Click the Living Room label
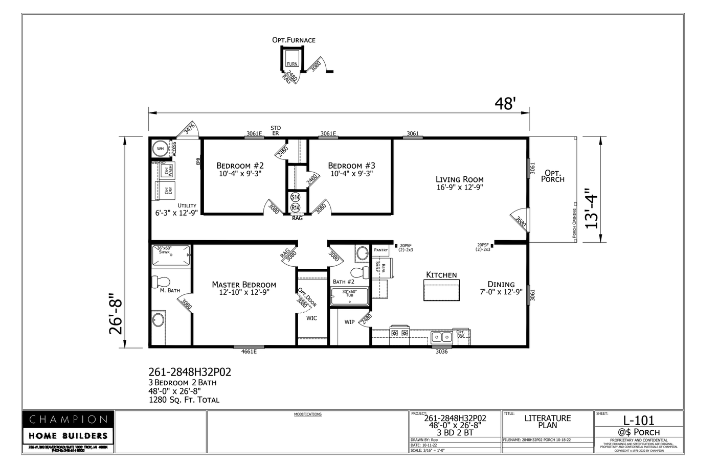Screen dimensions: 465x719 tap(459, 179)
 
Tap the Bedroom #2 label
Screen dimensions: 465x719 tap(240, 166)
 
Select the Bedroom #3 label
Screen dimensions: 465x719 tap(351, 166)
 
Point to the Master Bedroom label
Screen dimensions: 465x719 tap(244, 285)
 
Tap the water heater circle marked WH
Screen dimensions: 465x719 tap(161, 149)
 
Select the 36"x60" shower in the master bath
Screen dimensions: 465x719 tap(171, 254)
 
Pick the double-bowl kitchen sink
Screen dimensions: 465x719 tap(441, 336)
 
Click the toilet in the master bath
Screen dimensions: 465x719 tap(163, 281)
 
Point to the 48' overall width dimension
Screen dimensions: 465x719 tap(504, 104)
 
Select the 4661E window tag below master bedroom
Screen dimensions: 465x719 tap(249, 352)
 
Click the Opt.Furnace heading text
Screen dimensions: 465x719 tap(294, 40)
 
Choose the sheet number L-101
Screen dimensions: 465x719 tap(639, 420)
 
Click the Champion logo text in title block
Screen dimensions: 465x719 tap(68, 420)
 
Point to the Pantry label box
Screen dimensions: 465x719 tap(381, 250)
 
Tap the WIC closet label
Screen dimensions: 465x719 tap(311, 318)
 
